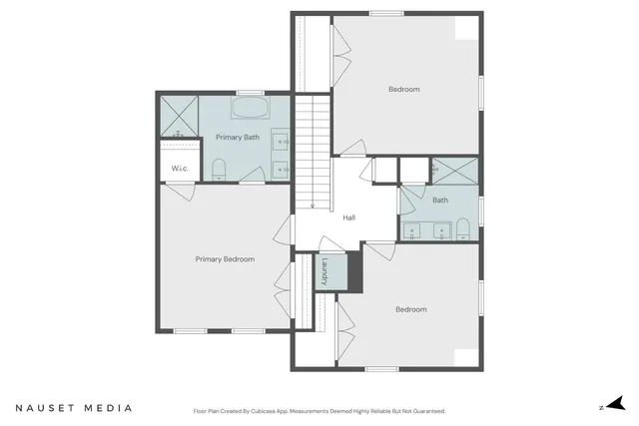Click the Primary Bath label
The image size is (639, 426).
237,136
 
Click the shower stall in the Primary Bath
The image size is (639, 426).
180,116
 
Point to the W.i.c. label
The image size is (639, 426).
180,168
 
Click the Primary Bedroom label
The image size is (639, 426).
225,259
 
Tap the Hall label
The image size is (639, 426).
349,217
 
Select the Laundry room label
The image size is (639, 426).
325,271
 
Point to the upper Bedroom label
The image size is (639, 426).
404,90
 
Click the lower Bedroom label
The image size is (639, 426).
410,309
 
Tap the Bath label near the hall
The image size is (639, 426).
440,200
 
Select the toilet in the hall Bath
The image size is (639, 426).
462,231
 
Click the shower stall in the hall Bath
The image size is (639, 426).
455,171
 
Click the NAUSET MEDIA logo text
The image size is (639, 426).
73,408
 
